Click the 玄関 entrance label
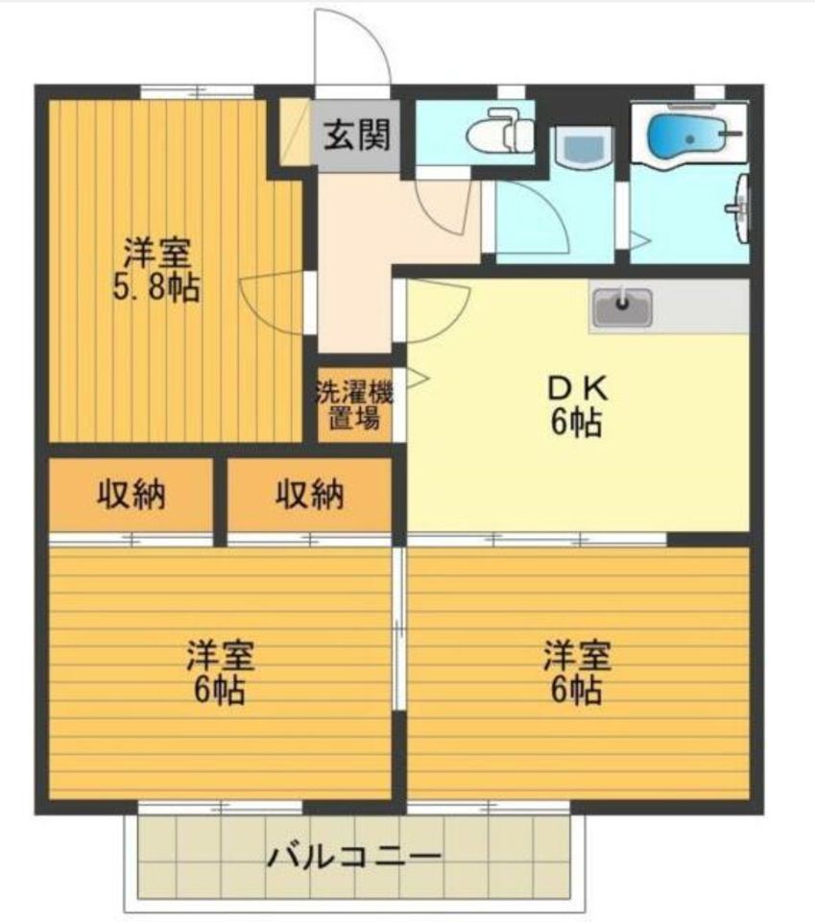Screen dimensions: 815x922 (357, 135)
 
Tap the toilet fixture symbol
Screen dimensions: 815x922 (500, 132)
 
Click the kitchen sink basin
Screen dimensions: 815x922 (622, 307)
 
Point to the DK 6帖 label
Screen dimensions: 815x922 (576, 405)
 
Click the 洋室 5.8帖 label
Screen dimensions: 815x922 (156, 270)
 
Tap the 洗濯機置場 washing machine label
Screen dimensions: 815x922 (354, 405)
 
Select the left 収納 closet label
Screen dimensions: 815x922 (132, 494)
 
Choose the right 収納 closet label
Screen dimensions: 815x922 (310, 494)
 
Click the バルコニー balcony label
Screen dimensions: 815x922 (353, 856)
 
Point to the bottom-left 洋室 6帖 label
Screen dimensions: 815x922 (220, 672)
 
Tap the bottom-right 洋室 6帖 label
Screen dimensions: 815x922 (576, 672)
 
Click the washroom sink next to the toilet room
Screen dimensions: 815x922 (584, 147)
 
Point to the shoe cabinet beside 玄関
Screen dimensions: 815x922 (295, 133)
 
